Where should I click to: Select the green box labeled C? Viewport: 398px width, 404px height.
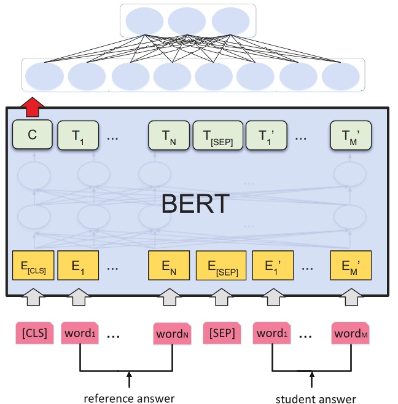[x=32, y=136]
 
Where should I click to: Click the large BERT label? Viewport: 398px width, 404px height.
[x=195, y=204]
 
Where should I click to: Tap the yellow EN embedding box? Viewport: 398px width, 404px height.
[x=168, y=266]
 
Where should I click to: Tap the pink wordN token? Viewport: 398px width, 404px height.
[x=172, y=333]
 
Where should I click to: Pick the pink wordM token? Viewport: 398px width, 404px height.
[x=351, y=333]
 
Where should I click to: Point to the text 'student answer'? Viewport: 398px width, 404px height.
[x=315, y=398]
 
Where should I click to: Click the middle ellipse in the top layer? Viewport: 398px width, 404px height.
[x=187, y=21]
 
